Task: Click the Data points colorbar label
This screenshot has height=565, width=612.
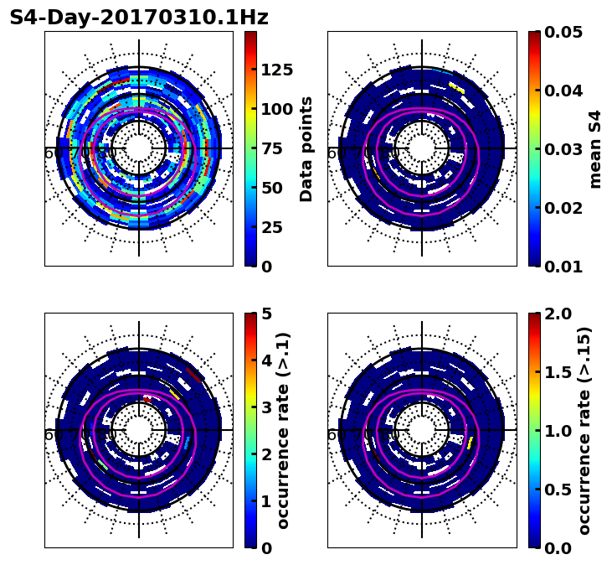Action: pos(306,148)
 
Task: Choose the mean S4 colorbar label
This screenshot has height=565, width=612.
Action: pos(595,148)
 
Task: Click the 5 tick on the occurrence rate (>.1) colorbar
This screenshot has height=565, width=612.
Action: pos(266,314)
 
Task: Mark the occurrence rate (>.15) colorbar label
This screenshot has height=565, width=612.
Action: pos(584,430)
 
